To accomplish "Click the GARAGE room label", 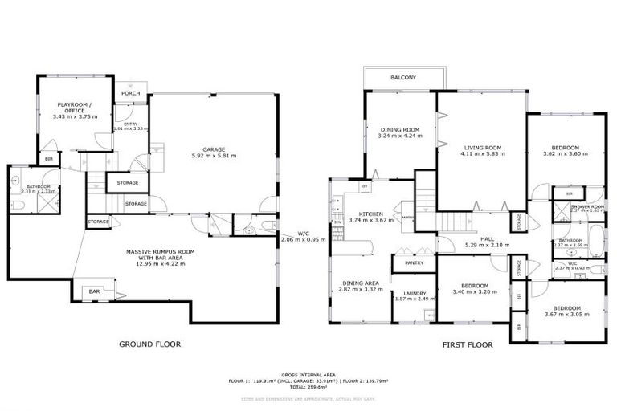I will (213, 149).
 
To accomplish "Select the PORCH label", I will (130, 94).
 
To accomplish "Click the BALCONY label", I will (403, 78).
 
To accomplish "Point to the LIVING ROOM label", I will (482, 148).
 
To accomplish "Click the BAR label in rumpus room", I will (94, 291).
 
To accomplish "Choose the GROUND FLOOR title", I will (149, 344).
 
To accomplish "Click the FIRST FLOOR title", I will (467, 344).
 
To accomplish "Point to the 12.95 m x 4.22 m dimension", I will (154, 263).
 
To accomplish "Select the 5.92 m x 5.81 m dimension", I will (213, 156).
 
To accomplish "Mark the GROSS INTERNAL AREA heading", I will (308, 375).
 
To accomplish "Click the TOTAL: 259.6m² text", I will (308, 388).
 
